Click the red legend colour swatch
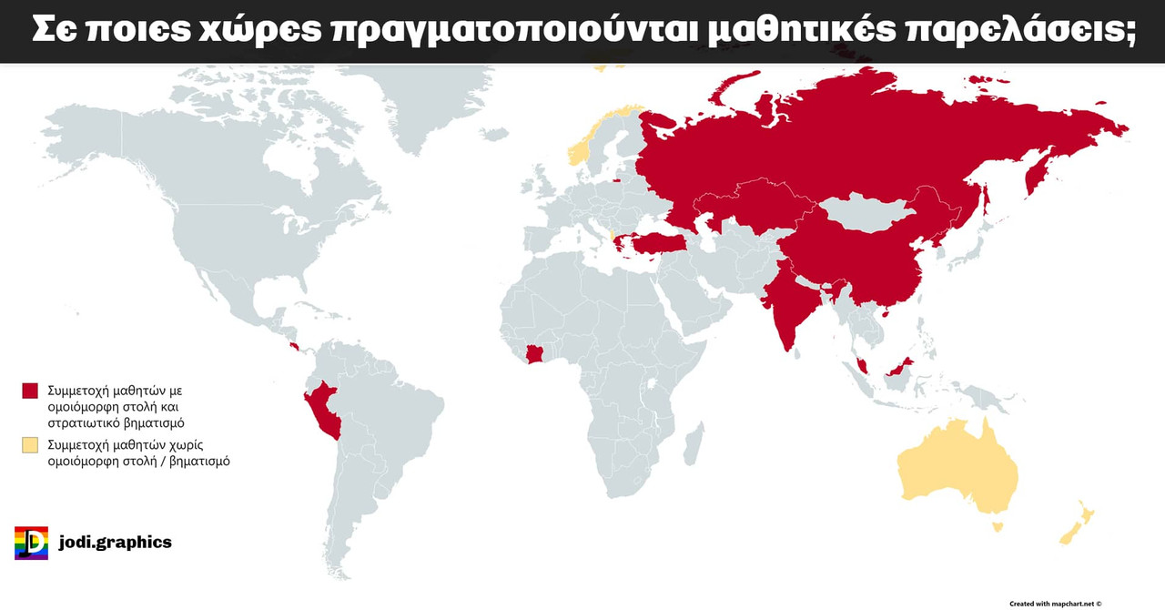pyautogui.click(x=30, y=391)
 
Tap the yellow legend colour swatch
pyautogui.click(x=30, y=445)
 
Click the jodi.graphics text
pyautogui.click(x=115, y=543)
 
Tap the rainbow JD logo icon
pyautogui.click(x=31, y=543)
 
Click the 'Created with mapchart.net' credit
pyautogui.click(x=1055, y=603)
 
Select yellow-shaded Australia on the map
pyautogui.click(x=956, y=469)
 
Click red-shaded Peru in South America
pyautogui.click(x=322, y=410)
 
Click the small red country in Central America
pyautogui.click(x=294, y=347)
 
